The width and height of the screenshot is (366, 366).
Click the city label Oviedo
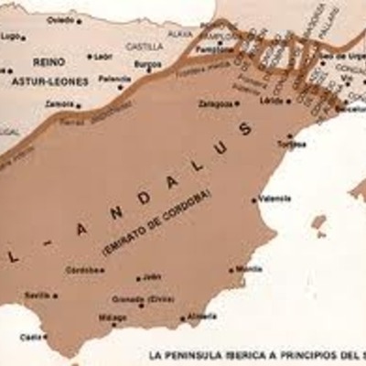59,19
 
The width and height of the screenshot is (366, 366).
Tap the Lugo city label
10,37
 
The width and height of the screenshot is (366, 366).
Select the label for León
102,56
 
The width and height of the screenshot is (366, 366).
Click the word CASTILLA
145,45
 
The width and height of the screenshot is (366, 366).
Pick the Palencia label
113,79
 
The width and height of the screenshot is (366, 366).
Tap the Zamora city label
59,104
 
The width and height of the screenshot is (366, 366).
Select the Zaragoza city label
215,103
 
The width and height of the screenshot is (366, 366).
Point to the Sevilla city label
37,295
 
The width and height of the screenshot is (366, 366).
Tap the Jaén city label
152,275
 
